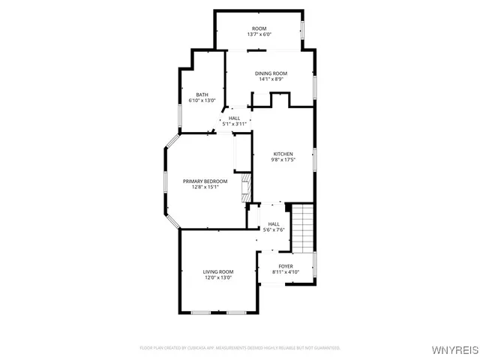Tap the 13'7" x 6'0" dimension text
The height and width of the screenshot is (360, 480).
tap(259, 35)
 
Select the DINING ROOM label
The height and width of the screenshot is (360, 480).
tap(271, 73)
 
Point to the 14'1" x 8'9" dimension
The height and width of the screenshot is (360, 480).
tap(271, 79)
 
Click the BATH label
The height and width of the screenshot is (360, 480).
tap(202, 94)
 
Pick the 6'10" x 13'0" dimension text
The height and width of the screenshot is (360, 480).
tap(202, 100)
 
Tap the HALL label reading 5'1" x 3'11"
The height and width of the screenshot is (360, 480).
tap(234, 118)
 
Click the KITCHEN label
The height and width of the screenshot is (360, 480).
tap(283, 154)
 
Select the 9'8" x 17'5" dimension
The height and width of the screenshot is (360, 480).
tap(283, 160)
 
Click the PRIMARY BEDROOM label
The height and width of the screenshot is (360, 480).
tap(205, 181)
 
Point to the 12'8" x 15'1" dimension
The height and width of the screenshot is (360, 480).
tap(205, 187)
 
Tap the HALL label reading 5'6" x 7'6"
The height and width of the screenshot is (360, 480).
tap(274, 223)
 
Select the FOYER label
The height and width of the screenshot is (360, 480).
tap(286, 266)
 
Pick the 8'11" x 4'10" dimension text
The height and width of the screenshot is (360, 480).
tap(286, 272)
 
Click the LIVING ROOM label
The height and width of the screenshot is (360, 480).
tap(218, 271)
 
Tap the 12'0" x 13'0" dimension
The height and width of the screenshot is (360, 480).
tap(218, 277)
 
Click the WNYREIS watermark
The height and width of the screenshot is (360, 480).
tap(454, 349)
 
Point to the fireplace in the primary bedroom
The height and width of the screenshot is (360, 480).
tap(244, 187)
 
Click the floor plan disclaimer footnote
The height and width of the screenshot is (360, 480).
tap(240, 348)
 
